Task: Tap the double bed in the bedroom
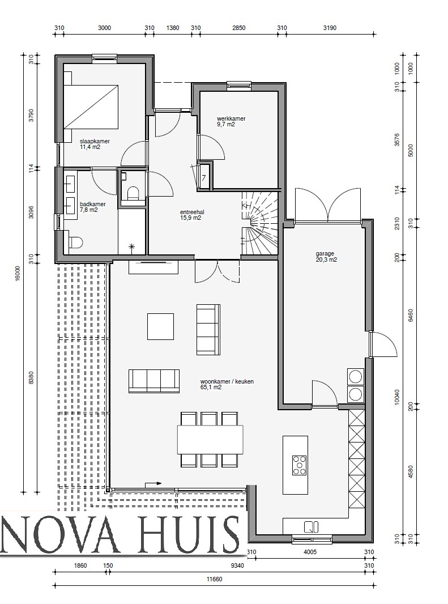[x=91, y=107]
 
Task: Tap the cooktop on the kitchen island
[x=299, y=465]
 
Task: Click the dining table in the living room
[x=210, y=439]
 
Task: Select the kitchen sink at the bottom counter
[x=310, y=526]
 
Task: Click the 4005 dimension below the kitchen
[x=309, y=552]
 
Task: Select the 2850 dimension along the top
[x=239, y=27]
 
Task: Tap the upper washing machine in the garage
[x=356, y=376]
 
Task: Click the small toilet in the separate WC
[x=134, y=193]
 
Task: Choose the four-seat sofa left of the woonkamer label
[x=153, y=380]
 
